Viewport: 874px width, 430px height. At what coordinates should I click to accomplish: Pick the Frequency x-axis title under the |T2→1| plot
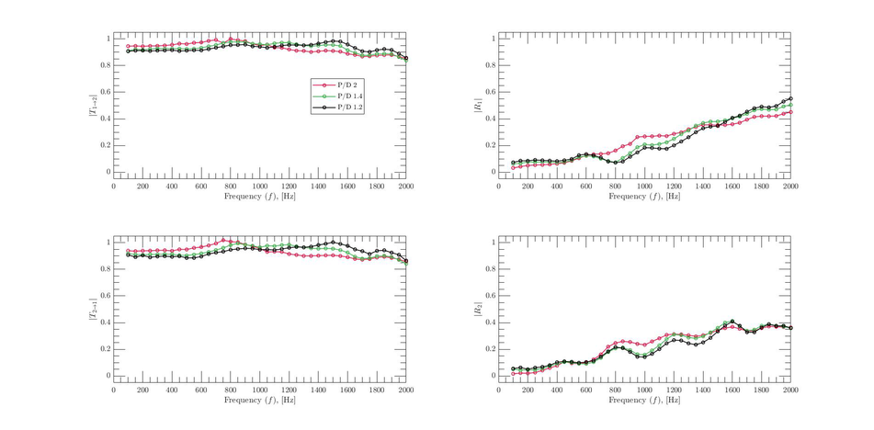(259, 401)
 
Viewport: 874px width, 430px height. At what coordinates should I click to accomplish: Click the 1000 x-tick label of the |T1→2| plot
(259, 186)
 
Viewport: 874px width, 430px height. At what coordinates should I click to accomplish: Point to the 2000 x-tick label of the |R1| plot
(790, 186)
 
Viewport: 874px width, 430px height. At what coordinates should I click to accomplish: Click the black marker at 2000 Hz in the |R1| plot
(790, 98)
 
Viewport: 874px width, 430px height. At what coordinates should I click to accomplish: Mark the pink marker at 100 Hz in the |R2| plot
(513, 373)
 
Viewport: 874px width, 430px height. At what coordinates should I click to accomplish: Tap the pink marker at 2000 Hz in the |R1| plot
(790, 112)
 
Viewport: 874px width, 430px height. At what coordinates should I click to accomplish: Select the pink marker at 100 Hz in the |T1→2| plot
(128, 46)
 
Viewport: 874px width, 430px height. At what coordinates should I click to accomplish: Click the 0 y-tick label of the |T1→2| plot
(107, 172)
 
